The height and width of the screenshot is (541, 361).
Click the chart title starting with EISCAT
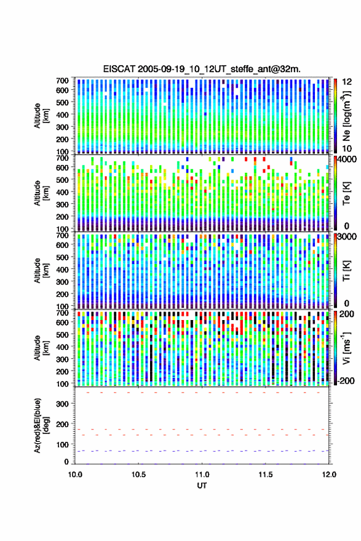[x=202, y=69]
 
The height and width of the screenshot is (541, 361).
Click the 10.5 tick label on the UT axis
[x=138, y=475]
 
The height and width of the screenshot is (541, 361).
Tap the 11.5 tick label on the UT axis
[x=265, y=475]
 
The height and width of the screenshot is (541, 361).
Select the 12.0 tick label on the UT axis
[x=328, y=475]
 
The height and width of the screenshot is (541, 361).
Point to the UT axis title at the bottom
[x=202, y=486]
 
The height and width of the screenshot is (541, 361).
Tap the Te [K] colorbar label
[x=346, y=193]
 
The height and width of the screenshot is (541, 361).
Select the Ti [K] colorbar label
[x=346, y=271]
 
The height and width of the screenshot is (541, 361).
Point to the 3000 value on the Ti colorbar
[x=347, y=237]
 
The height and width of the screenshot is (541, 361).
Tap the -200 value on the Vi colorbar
[x=344, y=381]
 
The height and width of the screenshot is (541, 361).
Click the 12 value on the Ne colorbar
[x=347, y=82]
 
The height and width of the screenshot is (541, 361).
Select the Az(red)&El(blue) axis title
[x=42, y=426]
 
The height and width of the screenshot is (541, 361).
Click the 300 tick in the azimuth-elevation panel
[x=62, y=404]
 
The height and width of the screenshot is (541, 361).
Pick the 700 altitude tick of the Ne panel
[x=62, y=81]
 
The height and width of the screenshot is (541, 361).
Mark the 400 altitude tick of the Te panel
[x=62, y=192]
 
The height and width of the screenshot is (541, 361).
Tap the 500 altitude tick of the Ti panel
[x=62, y=257]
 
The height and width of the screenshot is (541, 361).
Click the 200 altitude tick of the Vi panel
[x=62, y=372]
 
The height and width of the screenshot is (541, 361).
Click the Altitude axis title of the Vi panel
[x=42, y=348]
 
